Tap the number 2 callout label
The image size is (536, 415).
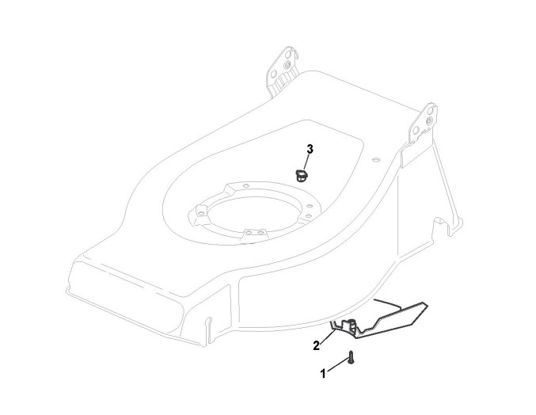316,345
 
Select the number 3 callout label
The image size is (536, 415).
310,149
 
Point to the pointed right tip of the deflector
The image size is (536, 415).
428,303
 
